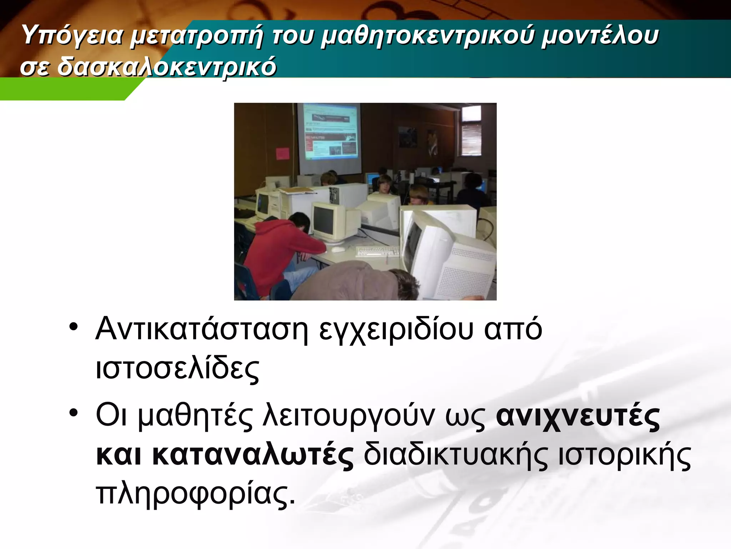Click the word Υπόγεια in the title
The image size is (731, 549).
[x=71, y=36]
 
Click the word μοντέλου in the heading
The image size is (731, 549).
[x=600, y=36]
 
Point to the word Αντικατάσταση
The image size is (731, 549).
[x=202, y=329]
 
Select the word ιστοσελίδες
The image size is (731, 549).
[x=177, y=369]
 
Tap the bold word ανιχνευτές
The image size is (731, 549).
[x=578, y=417]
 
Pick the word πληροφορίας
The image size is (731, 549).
[x=196, y=495]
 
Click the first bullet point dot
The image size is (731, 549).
[x=74, y=327]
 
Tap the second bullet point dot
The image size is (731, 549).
[x=74, y=414]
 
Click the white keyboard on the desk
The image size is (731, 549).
[x=377, y=251]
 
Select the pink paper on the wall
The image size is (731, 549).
[x=283, y=153]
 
